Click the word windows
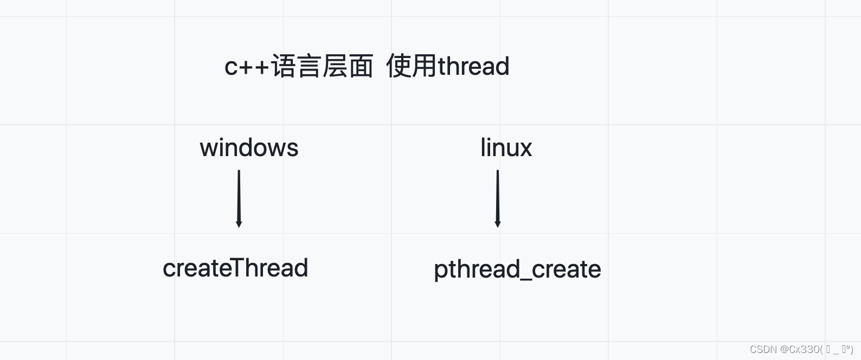(249, 148)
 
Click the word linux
(506, 148)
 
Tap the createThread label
(235, 268)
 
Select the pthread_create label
(517, 269)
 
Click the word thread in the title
(473, 66)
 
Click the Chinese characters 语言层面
(322, 67)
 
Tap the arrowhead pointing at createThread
(239, 223)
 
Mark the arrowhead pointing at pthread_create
(498, 223)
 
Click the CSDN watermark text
(763, 350)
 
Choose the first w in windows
(209, 149)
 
